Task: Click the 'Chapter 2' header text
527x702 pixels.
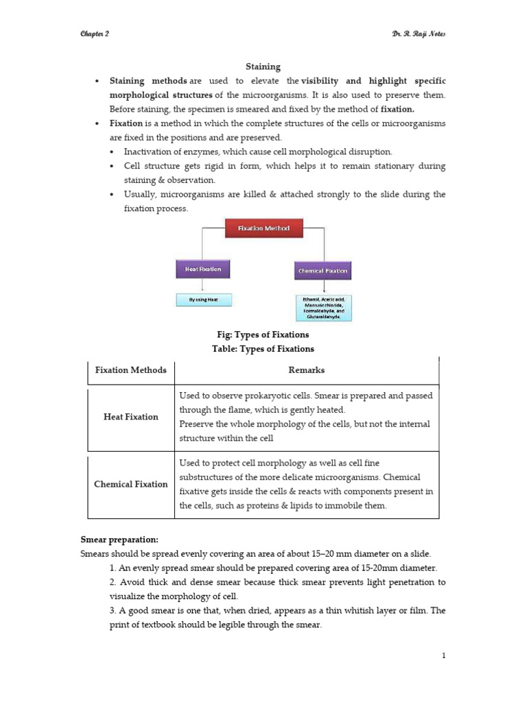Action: pos(95,35)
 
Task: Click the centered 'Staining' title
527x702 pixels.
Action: pos(263,66)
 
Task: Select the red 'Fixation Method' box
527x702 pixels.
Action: pos(263,228)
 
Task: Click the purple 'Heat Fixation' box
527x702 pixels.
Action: pos(202,269)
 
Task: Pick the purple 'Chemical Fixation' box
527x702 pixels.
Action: pos(323,271)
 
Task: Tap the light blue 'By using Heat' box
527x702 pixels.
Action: pos(202,300)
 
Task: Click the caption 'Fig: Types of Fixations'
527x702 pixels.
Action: pos(263,335)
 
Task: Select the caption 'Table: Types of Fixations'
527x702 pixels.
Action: pos(263,349)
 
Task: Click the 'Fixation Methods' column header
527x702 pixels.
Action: pos(130,370)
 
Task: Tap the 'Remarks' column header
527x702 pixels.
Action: pos(307,370)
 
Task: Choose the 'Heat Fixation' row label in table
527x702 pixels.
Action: pos(130,417)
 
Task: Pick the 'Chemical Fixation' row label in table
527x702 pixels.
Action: pos(130,484)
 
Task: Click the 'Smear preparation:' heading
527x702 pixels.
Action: pos(119,540)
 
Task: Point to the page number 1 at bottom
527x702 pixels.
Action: pos(444,656)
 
